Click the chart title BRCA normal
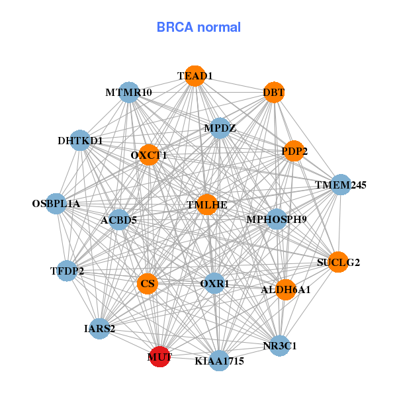198,27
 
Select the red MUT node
159,357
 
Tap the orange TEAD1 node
195,76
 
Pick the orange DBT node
273,93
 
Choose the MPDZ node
220,128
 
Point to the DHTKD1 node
80,140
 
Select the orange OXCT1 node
149,155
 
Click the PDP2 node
294,152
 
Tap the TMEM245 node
340,184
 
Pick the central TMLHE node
207,204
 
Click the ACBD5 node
119,220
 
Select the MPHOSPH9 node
276,219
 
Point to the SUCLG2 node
338,262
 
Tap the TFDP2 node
67,271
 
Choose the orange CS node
148,284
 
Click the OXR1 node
214,284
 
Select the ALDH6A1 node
285,289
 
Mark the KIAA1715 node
220,361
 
